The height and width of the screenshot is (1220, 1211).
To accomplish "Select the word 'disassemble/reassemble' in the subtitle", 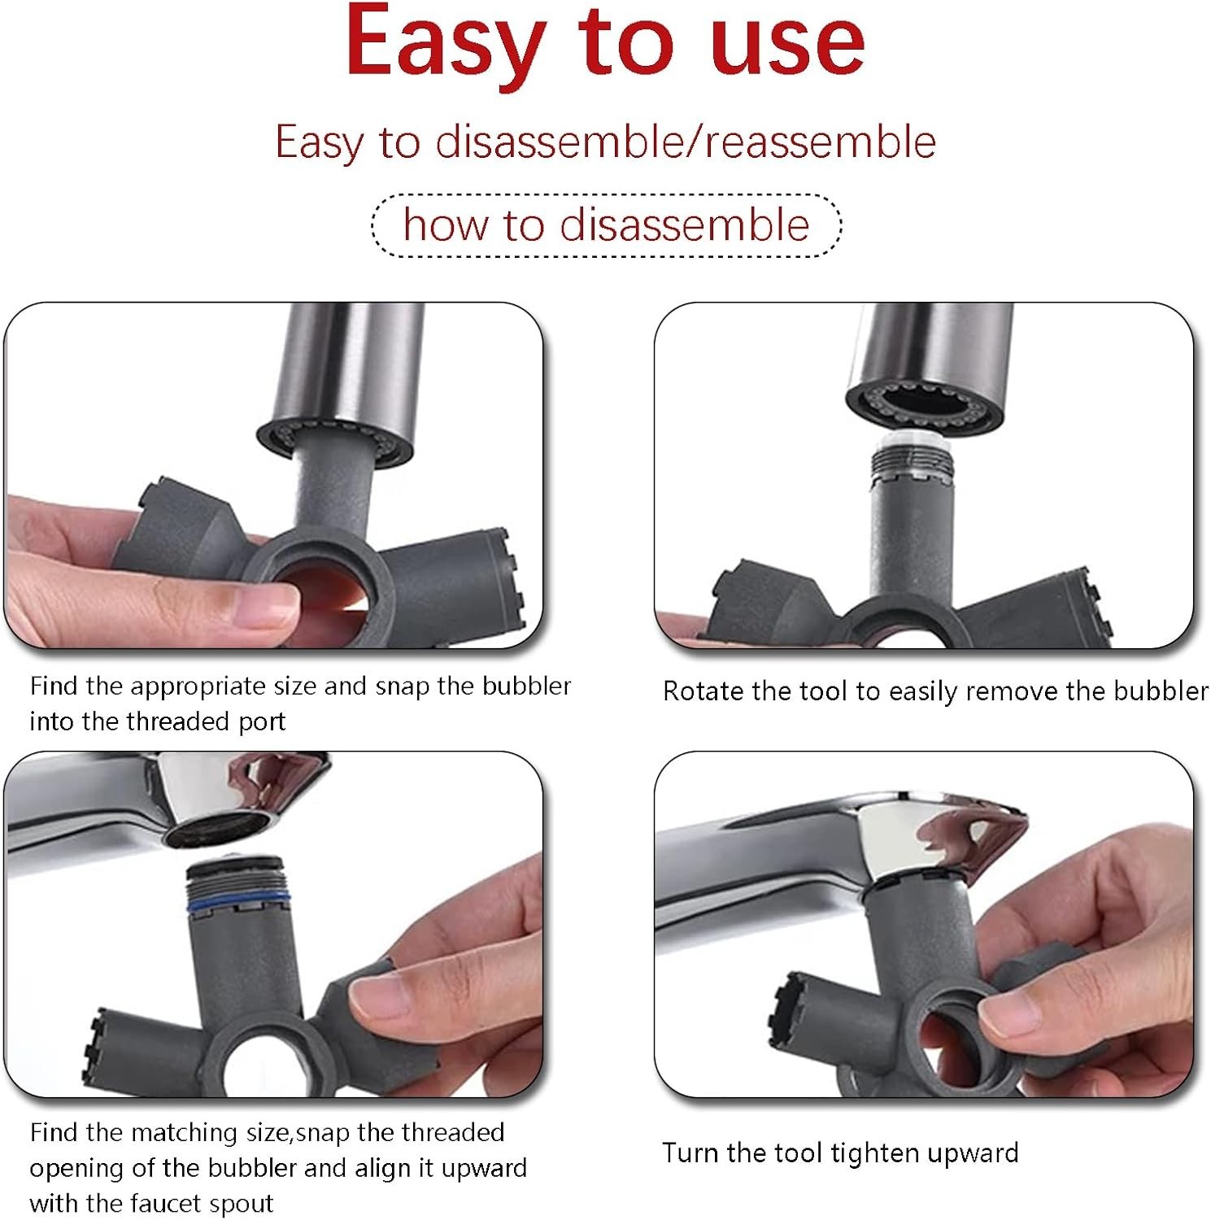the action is click(686, 142).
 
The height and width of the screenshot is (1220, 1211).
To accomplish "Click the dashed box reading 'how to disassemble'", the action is click(606, 225).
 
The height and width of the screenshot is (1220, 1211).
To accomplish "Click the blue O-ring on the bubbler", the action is click(238, 903).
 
